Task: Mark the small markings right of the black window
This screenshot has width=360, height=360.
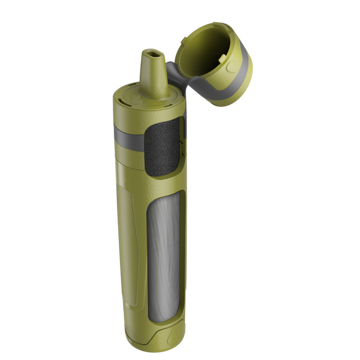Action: tap(182, 144)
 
